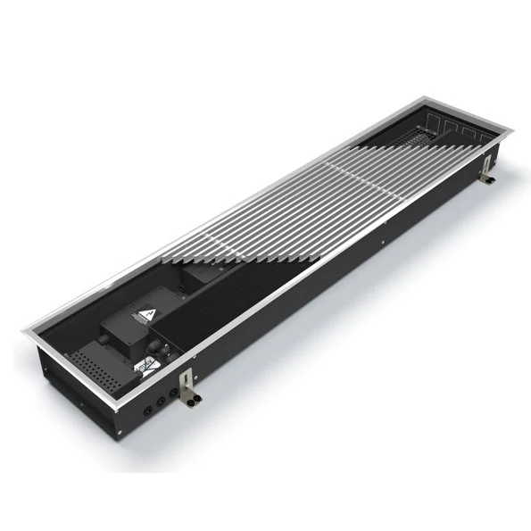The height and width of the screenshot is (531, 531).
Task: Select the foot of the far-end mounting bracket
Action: point(491,182)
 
